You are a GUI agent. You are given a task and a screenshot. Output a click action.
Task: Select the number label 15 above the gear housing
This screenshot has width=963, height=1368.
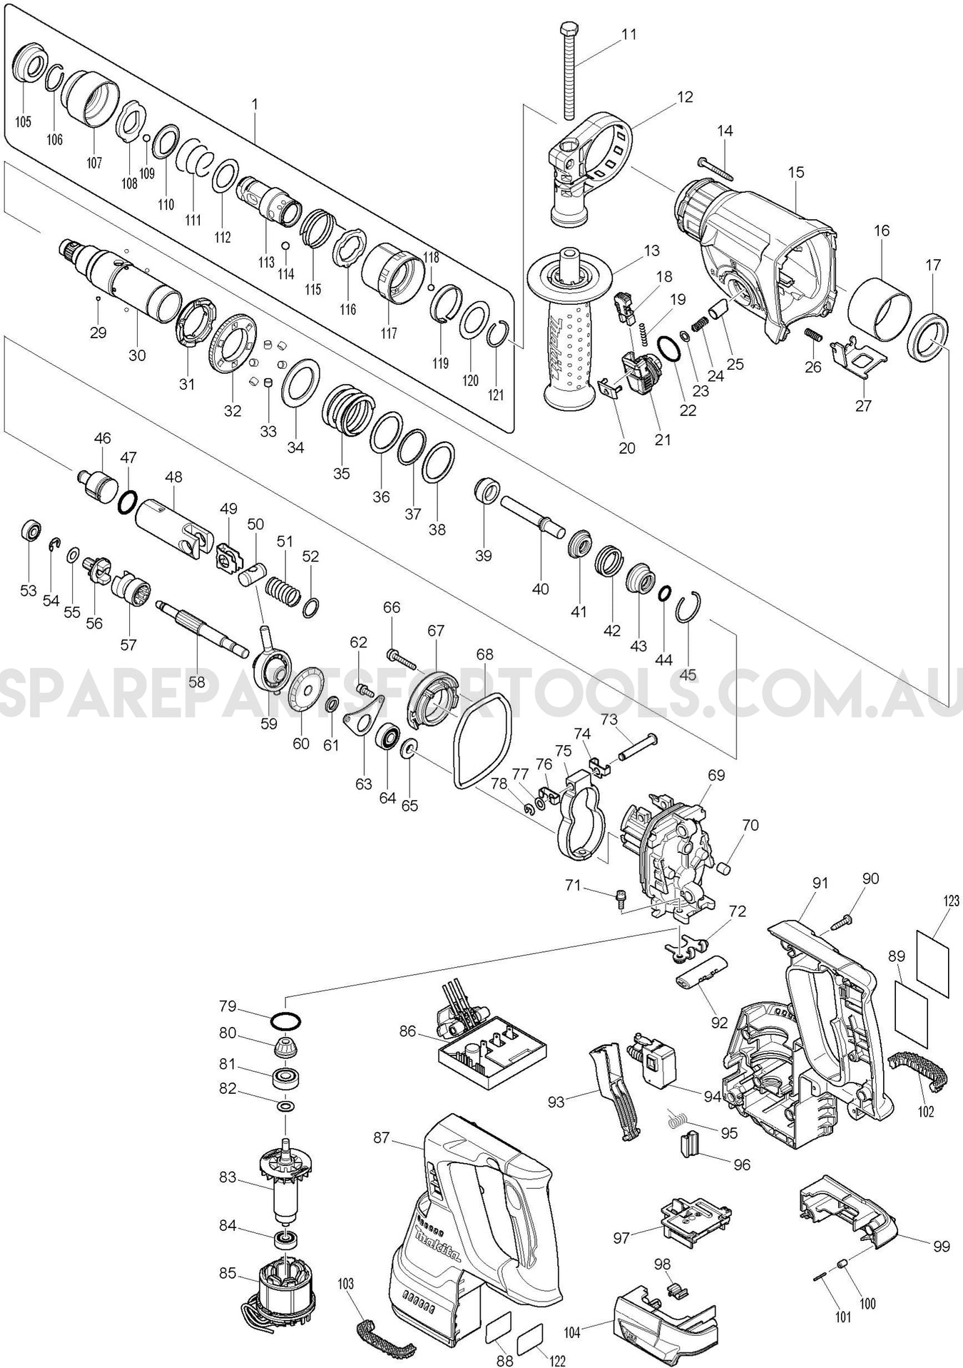point(796,172)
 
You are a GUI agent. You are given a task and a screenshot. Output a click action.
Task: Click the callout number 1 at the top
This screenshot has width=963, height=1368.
point(255,103)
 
